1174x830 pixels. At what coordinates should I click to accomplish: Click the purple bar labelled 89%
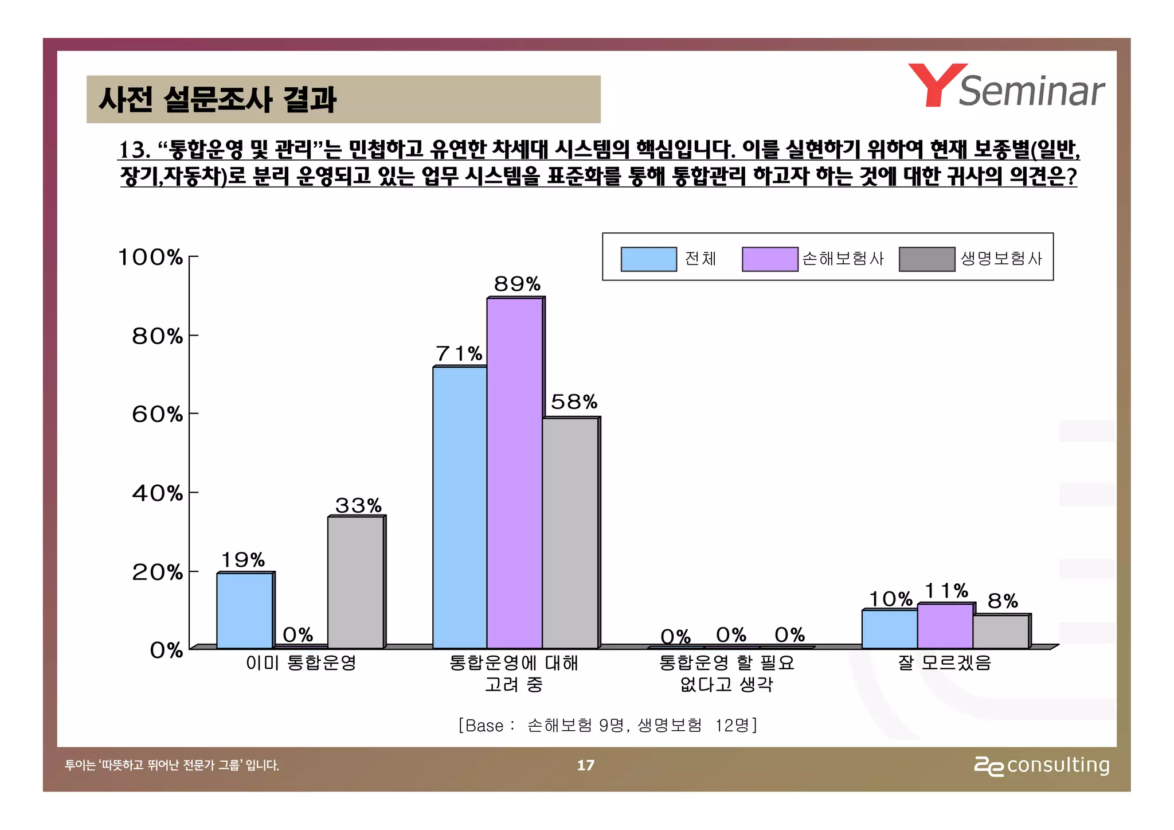514,473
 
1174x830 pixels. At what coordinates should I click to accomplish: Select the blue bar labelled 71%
459,507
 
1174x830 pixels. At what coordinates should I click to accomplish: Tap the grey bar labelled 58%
570,533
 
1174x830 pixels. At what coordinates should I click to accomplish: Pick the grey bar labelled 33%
355,582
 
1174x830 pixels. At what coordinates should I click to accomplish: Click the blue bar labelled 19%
245,610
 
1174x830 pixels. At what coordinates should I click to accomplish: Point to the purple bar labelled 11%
945,626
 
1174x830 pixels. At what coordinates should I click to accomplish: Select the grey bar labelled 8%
1000,632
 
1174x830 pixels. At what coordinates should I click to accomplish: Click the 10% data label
890,599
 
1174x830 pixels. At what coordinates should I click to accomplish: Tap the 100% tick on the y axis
150,257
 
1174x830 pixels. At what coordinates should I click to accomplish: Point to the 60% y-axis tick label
157,414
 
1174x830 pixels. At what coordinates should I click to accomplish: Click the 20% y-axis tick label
157,572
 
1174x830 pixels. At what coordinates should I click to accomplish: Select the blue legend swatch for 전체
648,259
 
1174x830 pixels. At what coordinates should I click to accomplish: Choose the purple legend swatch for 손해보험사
769,259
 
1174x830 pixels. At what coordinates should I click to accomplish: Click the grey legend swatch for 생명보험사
926,259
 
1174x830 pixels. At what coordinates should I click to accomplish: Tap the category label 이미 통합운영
301,663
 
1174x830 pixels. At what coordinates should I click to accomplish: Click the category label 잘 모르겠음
945,663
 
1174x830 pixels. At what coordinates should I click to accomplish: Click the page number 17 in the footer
585,765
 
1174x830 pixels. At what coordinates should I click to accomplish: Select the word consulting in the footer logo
1058,765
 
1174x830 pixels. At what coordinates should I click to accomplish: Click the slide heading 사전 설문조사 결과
217,99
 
